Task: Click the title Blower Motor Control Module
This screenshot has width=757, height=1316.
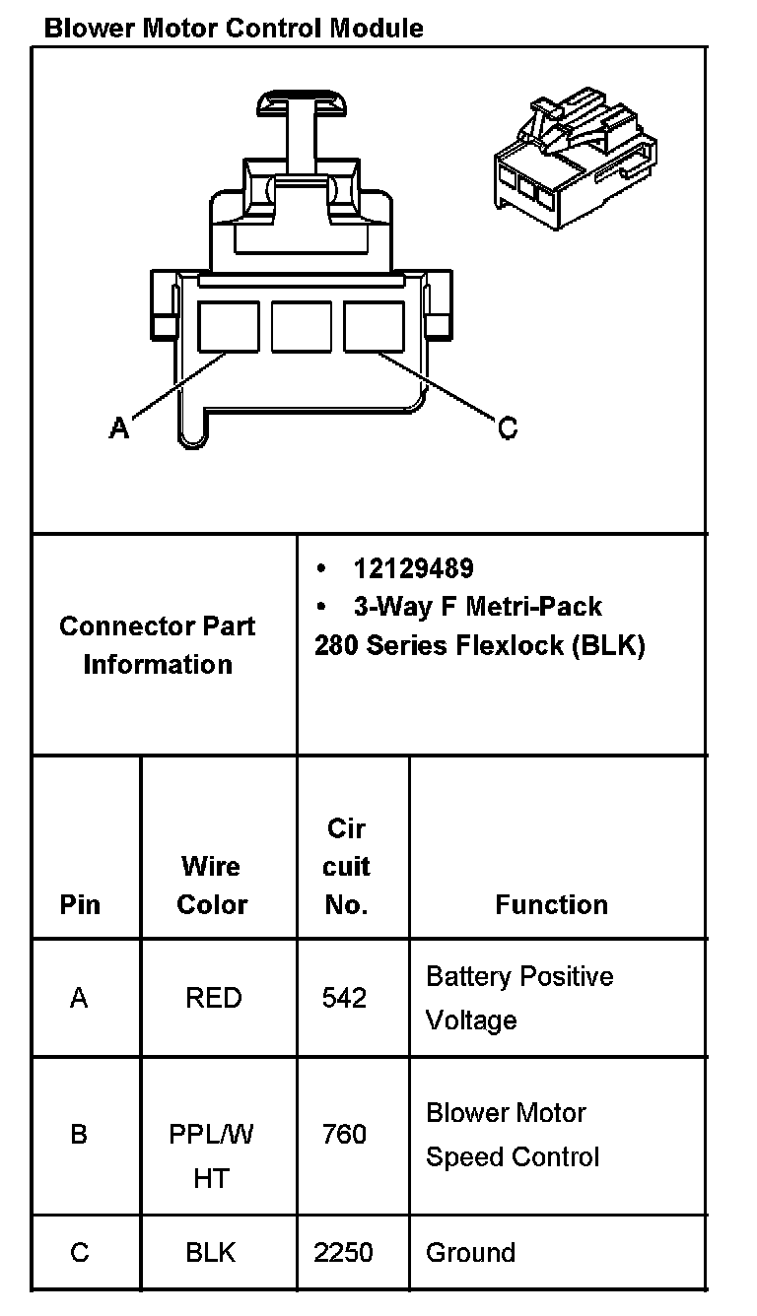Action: [234, 28]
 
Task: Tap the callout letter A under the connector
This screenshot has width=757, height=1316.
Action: [118, 428]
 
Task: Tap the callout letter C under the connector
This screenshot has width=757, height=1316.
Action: [507, 428]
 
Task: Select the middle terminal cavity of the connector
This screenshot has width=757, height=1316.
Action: [301, 326]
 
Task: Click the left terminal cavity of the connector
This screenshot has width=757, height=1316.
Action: [229, 326]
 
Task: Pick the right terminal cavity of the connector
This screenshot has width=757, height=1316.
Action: [374, 326]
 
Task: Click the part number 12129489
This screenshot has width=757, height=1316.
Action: [413, 568]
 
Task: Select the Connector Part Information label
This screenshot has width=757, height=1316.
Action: [158, 645]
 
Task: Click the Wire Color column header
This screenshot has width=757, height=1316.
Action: [211, 885]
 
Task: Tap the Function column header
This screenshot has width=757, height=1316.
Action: [551, 904]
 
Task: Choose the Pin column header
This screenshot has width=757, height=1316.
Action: [80, 904]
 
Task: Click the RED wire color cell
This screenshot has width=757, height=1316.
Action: [213, 998]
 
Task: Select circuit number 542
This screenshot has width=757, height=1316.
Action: [344, 998]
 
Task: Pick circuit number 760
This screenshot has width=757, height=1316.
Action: [344, 1135]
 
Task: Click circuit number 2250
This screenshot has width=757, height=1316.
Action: [344, 1252]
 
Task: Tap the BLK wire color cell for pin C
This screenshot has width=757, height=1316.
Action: [211, 1252]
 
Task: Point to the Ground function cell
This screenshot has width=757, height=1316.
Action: [470, 1252]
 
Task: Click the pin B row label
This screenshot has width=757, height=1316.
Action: [79, 1135]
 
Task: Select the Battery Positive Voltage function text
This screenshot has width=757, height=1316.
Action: [518, 998]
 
